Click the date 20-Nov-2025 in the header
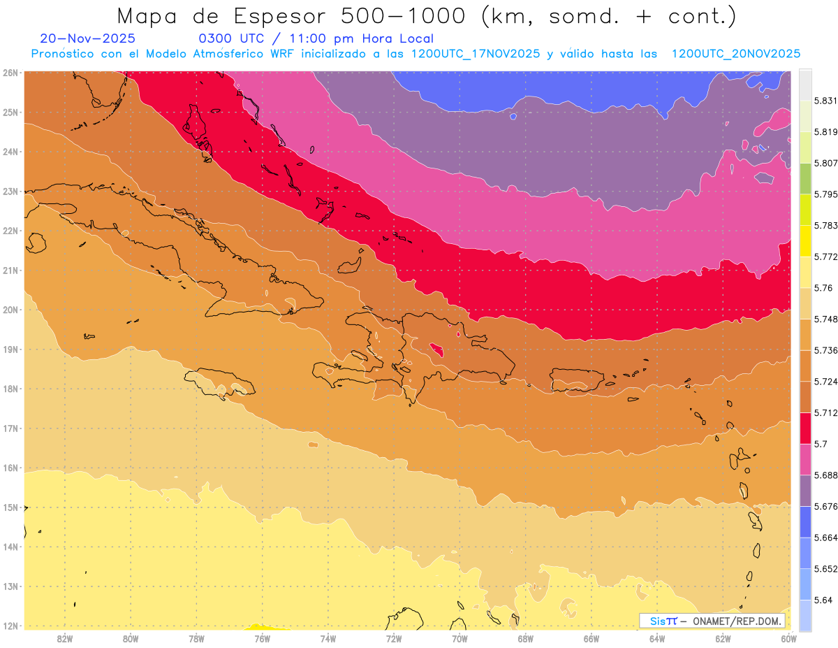[88, 38]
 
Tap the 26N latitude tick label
[10, 73]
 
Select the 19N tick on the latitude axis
[10, 350]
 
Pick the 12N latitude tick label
[10, 626]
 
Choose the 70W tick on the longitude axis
[460, 638]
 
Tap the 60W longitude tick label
[788, 638]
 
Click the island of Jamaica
[219, 382]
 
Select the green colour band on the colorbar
[805, 179]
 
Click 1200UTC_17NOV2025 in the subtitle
[475, 54]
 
